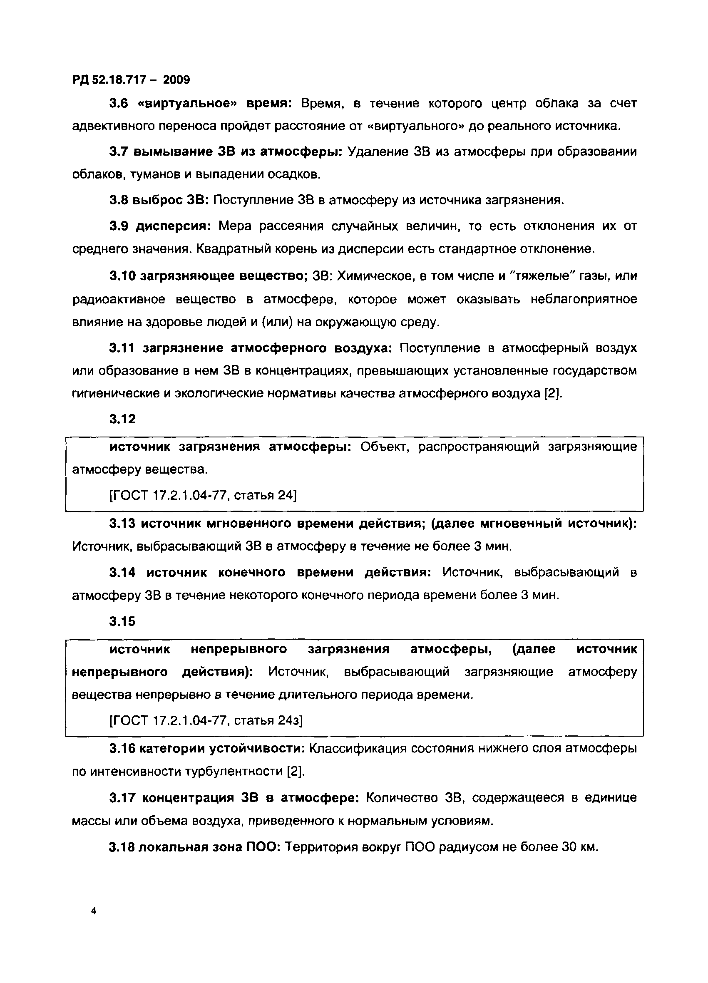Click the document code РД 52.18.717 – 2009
131,80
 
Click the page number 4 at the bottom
94,911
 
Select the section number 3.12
122,419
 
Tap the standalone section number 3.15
122,621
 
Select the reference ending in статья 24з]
206,720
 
